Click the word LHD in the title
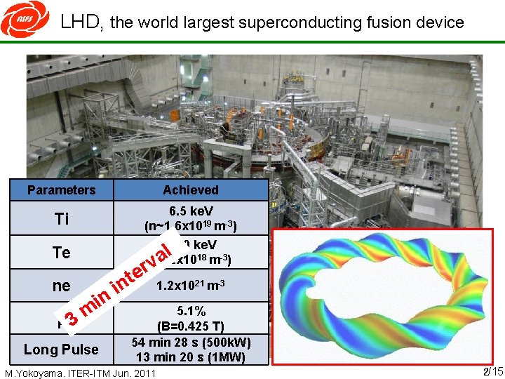tap(82, 22)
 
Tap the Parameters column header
tap(61, 190)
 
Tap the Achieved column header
tap(190, 190)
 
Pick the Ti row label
tap(62, 219)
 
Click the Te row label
tap(62, 253)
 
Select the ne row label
tap(62, 286)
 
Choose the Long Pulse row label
tap(61, 350)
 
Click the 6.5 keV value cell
tap(191, 211)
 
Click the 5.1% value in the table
tap(191, 312)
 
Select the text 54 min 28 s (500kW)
tap(191, 342)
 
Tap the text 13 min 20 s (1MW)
tap(191, 357)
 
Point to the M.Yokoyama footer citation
tap(81, 373)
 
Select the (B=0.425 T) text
tap(191, 326)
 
